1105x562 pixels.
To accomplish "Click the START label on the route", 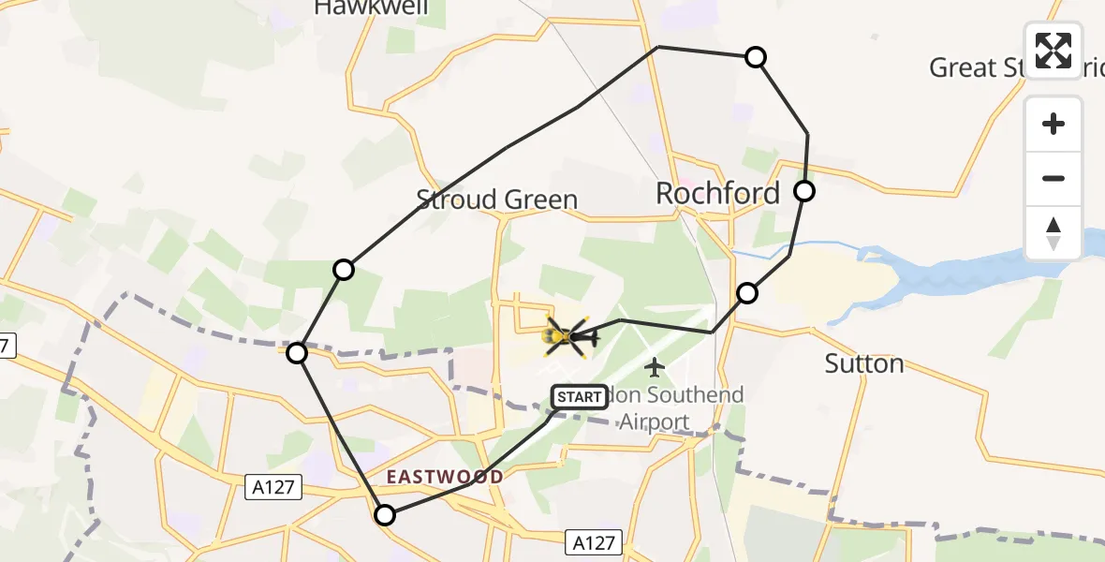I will point(580,397).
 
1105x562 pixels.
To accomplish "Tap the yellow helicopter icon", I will point(565,334).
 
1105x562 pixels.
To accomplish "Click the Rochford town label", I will point(717,194).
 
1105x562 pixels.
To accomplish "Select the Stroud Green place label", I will point(497,200).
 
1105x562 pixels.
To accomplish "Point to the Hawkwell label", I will point(371,8).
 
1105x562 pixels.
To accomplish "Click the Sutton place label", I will point(863,363).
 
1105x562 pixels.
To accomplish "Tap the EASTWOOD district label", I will point(445,477).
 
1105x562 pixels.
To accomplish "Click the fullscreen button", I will point(1053,50).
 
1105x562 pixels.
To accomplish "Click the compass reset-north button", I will point(1053,233).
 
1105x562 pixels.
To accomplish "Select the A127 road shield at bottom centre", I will point(594,541).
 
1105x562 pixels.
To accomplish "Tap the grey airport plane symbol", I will point(655,366).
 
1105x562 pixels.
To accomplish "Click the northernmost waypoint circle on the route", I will point(756,57).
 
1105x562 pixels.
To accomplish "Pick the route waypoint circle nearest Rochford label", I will point(804,192).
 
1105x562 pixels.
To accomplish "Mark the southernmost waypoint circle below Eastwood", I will point(385,514).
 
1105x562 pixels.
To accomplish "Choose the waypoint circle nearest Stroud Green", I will point(344,270).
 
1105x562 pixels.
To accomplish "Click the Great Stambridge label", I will point(993,67).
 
